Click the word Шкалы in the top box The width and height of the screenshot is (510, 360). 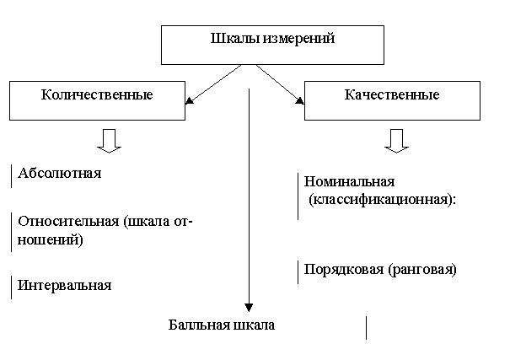[x=235, y=39]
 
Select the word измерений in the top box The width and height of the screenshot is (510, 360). [x=298, y=39]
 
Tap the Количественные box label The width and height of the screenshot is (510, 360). [x=97, y=94]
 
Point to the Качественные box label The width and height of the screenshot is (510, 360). [x=392, y=94]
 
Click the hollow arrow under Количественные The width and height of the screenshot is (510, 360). [x=110, y=141]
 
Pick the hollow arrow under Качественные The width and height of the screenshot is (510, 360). [x=396, y=141]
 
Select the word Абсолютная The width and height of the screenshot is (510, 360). [x=60, y=173]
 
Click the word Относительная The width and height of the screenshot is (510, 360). [x=68, y=221]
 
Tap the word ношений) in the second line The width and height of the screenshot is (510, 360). [x=51, y=240]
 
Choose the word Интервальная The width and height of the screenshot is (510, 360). [x=64, y=285]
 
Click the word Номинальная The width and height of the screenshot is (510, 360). [x=349, y=181]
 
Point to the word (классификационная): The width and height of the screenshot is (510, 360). [x=382, y=199]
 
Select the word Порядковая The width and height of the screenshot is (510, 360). [x=344, y=270]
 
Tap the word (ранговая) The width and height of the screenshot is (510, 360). [x=422, y=270]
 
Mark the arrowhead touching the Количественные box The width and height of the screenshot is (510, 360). [x=189, y=100]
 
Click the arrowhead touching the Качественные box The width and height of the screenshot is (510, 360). [x=300, y=101]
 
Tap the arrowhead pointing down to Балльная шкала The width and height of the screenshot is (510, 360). [x=249, y=308]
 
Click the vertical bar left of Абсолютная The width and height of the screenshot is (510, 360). [x=12, y=176]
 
